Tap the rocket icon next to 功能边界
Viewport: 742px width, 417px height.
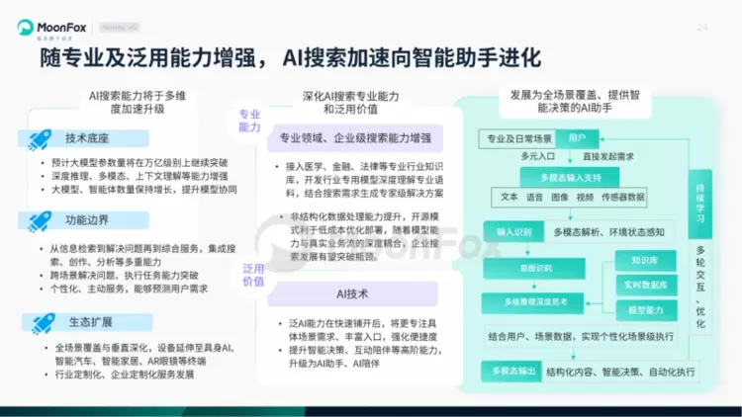41,219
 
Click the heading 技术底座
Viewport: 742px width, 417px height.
88,138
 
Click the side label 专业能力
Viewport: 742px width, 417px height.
250,122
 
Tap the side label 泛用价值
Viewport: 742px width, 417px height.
253,275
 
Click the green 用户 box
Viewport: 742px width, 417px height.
577,137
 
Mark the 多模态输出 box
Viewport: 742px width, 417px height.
510,372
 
